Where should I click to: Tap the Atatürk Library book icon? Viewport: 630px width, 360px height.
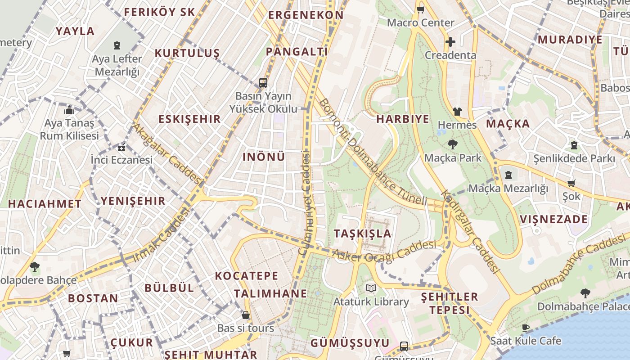371,288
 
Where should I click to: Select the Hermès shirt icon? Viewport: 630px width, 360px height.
457,111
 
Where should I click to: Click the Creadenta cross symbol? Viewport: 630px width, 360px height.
450,42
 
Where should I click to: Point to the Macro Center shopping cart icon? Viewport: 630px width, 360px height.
420,9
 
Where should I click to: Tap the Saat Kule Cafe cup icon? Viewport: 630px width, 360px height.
525,327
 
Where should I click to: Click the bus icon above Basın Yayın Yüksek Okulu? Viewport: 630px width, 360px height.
263,83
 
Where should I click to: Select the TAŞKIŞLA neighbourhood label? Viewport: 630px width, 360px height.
363,234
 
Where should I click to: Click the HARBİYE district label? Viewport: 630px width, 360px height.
403,119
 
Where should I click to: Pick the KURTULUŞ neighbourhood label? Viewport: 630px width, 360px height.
187,53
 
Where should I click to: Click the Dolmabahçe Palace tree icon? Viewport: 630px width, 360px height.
585,293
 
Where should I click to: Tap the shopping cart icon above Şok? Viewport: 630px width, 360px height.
571,183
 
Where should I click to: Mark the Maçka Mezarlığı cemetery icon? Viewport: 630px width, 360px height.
508,175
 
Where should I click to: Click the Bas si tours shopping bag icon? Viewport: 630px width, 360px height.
246,315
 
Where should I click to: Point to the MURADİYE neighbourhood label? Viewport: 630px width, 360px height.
570,40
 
